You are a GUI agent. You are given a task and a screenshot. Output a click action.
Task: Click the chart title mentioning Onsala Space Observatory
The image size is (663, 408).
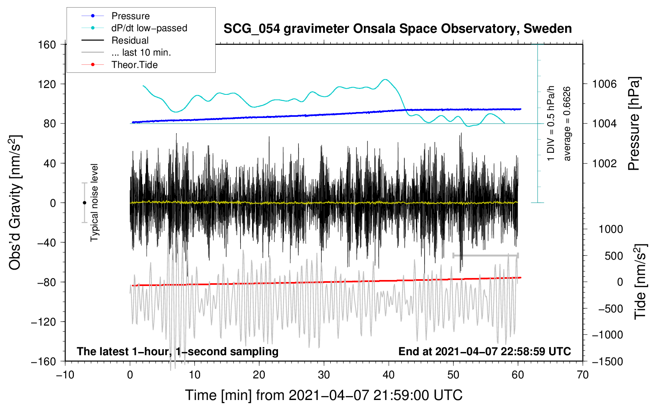(x=397, y=29)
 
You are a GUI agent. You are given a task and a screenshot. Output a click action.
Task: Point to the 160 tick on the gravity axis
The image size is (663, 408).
(x=47, y=45)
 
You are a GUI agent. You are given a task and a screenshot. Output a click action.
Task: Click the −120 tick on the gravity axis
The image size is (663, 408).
(x=44, y=322)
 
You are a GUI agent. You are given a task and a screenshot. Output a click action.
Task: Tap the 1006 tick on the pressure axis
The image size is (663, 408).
(x=604, y=84)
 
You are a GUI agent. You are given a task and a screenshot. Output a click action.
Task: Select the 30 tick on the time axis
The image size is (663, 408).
(x=324, y=375)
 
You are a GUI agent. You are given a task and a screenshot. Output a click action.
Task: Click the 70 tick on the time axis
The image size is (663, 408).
(x=582, y=375)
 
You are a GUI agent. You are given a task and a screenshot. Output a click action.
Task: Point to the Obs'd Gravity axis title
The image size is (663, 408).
(x=15, y=202)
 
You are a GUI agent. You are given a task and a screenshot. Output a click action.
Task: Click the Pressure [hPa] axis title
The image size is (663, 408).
(x=634, y=124)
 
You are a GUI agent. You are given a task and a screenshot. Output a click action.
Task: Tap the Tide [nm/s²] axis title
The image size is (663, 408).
(x=641, y=282)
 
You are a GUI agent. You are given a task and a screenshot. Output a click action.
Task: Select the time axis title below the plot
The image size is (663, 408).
(x=324, y=395)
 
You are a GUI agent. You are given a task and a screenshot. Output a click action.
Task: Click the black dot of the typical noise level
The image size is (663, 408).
(x=84, y=203)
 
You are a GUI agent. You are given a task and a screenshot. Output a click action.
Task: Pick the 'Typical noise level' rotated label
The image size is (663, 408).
(x=94, y=203)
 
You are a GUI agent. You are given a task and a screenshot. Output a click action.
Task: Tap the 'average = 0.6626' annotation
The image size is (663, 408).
(x=566, y=124)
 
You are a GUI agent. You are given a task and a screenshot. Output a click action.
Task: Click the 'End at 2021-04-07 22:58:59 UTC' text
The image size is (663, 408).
(x=484, y=351)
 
